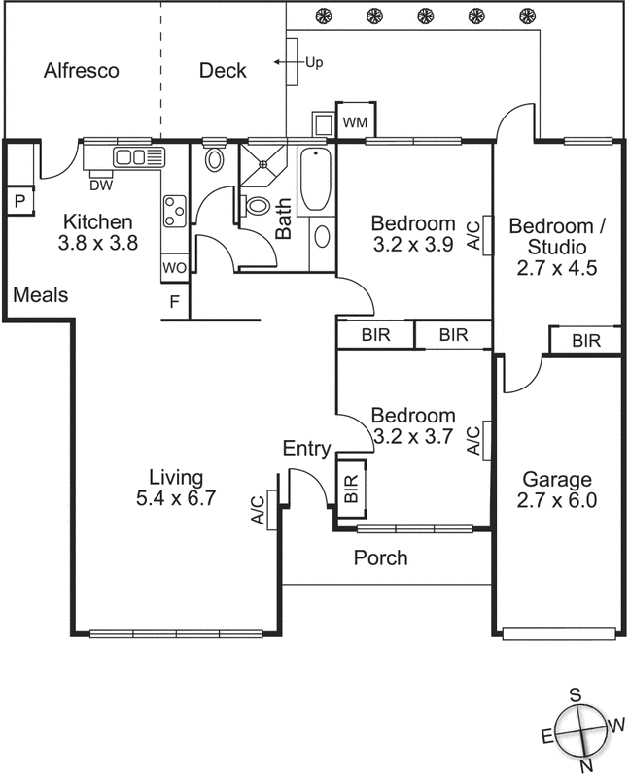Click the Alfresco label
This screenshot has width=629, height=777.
click(82, 71)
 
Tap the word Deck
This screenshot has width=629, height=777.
click(223, 71)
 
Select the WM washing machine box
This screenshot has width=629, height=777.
click(355, 121)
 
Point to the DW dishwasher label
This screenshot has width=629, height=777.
click(99, 185)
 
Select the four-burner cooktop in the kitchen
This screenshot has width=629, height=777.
click(175, 211)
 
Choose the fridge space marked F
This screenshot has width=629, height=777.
click(174, 302)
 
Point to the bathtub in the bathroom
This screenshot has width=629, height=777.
click(314, 180)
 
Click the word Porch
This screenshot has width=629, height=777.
click(380, 558)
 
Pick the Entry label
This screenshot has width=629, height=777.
click(306, 449)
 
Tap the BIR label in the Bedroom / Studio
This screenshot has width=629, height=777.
click(585, 341)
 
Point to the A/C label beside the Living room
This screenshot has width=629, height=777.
click(258, 509)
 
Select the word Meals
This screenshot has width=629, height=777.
click(41, 294)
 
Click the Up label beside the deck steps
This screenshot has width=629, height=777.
click(314, 63)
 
